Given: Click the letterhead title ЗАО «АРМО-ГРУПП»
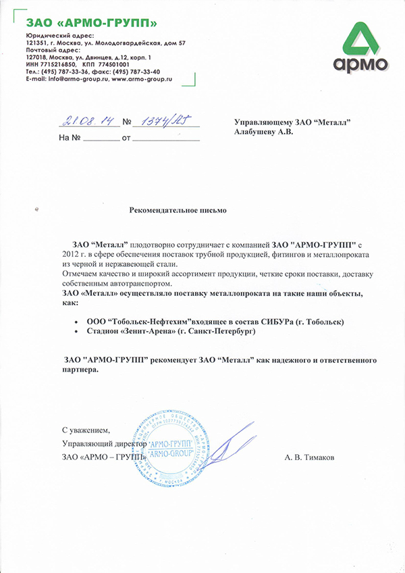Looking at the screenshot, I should (92, 24).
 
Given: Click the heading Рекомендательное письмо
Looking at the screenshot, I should (178, 210).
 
